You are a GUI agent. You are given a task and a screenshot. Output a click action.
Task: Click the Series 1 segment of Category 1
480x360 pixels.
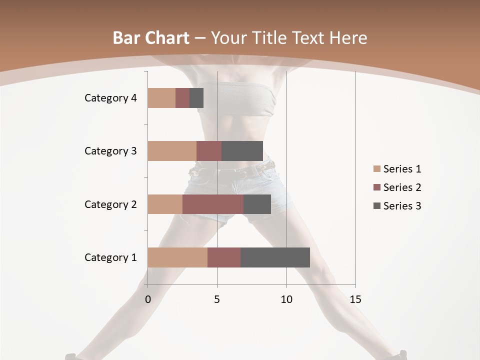pyautogui.click(x=177, y=257)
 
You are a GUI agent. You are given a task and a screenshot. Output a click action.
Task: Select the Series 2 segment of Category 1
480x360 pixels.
pyautogui.click(x=224, y=257)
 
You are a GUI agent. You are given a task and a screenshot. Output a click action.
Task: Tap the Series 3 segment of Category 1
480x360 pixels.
pyautogui.click(x=275, y=257)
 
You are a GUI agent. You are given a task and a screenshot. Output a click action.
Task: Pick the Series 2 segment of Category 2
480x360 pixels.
pyautogui.click(x=213, y=204)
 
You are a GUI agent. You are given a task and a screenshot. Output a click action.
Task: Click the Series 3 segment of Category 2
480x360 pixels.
pyautogui.click(x=257, y=204)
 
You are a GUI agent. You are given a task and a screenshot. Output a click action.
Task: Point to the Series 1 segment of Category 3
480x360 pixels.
pyautogui.click(x=172, y=151)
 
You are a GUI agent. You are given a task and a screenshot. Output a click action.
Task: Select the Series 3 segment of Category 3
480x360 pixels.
pyautogui.click(x=242, y=151)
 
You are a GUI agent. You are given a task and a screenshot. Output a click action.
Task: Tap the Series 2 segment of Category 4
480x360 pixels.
pyautogui.click(x=182, y=98)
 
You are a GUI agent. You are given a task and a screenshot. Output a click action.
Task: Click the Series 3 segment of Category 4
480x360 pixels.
pyautogui.click(x=196, y=98)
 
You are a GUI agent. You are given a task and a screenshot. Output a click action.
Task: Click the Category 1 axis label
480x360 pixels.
pyautogui.click(x=110, y=257)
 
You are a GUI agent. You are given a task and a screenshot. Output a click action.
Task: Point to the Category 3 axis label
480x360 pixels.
pyautogui.click(x=110, y=151)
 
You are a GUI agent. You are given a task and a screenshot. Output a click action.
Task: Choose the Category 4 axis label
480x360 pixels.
pyautogui.click(x=110, y=98)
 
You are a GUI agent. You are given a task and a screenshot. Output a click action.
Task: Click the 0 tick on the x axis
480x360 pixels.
pyautogui.click(x=148, y=299)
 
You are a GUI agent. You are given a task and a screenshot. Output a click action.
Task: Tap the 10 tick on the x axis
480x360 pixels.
pyautogui.click(x=286, y=299)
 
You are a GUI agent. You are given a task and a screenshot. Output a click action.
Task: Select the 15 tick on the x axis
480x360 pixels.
pyautogui.click(x=355, y=299)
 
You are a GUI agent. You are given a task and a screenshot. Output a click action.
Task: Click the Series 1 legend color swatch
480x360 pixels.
pyautogui.click(x=376, y=169)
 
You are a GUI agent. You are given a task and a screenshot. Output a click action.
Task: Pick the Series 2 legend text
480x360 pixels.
pyautogui.click(x=402, y=187)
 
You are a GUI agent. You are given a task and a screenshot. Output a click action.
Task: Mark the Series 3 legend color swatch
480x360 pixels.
pyautogui.click(x=376, y=206)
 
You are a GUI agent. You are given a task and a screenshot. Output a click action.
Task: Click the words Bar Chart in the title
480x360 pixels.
pyautogui.click(x=151, y=38)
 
